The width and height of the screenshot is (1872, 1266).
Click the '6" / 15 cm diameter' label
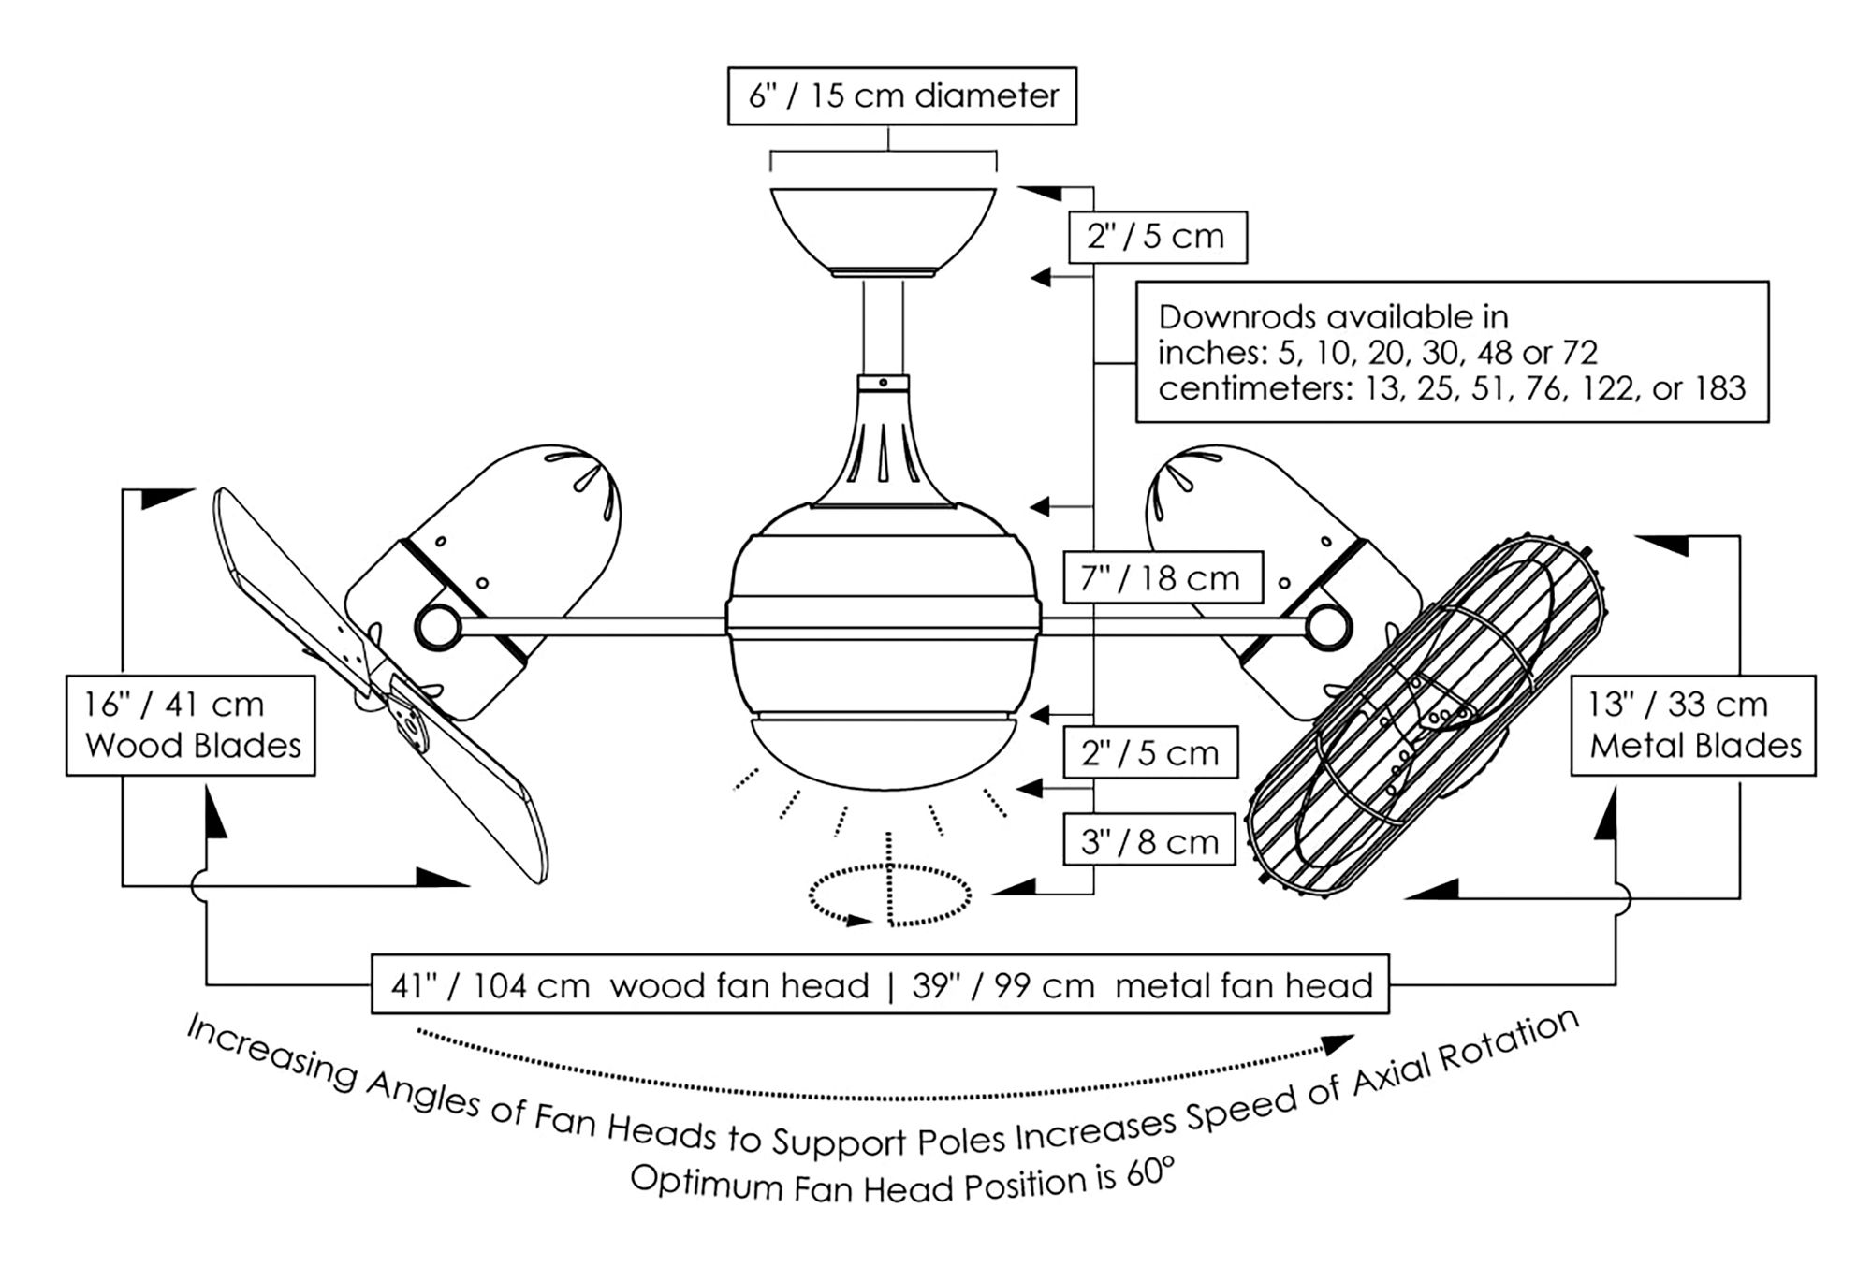coord(902,95)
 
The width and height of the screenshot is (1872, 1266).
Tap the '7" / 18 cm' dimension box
coord(1162,578)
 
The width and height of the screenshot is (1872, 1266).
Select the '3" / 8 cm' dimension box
coord(1149,841)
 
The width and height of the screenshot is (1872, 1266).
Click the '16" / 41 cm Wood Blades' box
coord(191,725)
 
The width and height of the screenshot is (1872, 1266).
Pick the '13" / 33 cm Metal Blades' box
coord(1692,725)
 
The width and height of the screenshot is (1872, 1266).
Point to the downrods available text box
coord(1451,352)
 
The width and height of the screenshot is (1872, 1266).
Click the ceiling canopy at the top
coord(883,229)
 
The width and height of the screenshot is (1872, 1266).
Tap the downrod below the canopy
coord(883,327)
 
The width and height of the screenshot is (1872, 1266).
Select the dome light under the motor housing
coord(884,753)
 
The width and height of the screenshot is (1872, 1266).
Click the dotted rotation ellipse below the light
coord(889,895)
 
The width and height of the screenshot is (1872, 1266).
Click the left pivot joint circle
coord(436,627)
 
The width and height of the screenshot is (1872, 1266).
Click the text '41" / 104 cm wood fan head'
coord(629,985)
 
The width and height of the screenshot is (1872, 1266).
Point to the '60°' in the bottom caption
coord(1149,1172)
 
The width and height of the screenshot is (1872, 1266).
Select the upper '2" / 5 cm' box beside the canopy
coord(1157,237)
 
